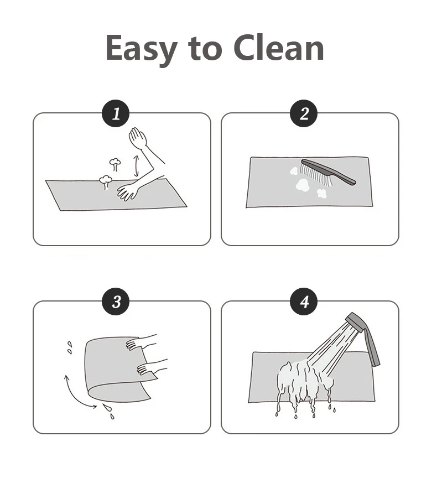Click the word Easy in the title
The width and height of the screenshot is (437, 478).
(141, 49)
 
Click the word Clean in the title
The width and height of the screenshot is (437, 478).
(279, 48)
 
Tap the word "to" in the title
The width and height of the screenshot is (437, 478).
(205, 49)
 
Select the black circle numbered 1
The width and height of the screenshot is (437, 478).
(116, 114)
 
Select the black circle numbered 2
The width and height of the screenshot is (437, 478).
(304, 114)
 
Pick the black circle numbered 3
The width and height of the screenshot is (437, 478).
(116, 302)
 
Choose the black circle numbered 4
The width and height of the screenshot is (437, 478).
(304, 302)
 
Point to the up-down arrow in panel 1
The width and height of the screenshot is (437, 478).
(136, 166)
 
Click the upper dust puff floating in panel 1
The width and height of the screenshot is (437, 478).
(115, 164)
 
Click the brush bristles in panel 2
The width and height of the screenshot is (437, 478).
(316, 175)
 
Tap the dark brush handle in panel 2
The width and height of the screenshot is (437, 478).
(329, 172)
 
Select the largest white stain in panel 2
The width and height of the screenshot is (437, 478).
(303, 185)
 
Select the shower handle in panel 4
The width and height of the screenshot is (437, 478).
(372, 347)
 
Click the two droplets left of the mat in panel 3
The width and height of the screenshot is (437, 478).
(70, 348)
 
